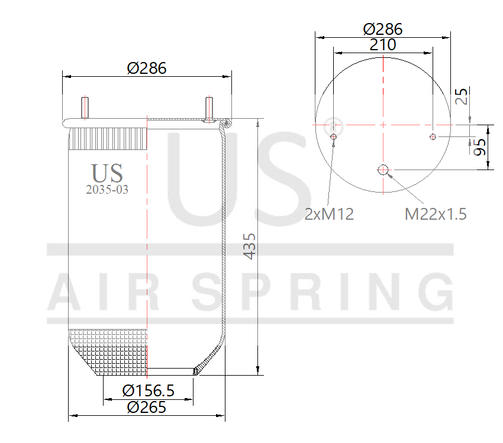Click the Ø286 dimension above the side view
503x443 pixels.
147,68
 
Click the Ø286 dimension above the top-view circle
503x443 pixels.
383,28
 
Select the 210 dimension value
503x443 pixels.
383,44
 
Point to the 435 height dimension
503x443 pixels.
250,246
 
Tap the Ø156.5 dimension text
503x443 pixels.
148,391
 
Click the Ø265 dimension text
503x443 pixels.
147,407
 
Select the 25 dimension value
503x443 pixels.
462,96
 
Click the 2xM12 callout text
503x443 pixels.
329,214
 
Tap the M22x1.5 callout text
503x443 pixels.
436,214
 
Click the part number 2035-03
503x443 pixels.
107,190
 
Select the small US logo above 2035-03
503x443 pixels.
107,172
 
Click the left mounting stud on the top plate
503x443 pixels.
85,108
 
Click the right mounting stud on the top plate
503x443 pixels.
209,108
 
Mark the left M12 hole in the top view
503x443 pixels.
334,137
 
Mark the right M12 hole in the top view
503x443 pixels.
433,137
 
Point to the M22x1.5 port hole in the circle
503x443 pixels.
383,170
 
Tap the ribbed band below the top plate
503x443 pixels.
108,139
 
